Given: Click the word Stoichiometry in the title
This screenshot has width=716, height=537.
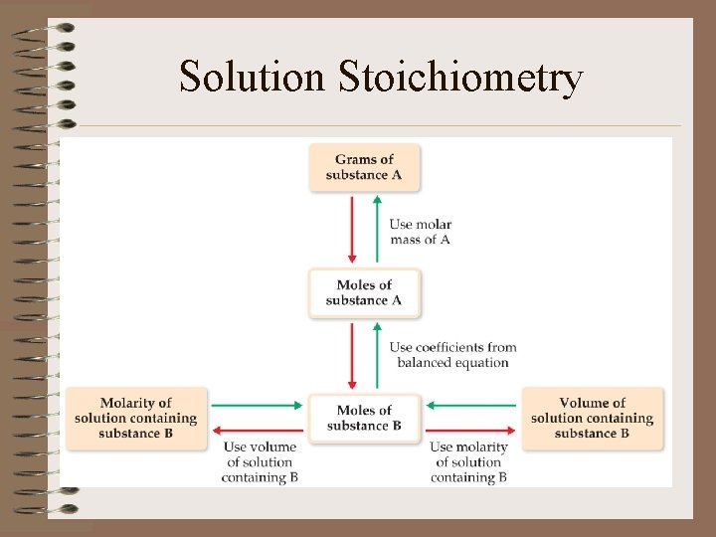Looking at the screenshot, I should [x=459, y=78].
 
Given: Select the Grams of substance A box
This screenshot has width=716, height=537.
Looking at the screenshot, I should [x=364, y=167].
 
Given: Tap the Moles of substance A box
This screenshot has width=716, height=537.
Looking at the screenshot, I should [x=364, y=292].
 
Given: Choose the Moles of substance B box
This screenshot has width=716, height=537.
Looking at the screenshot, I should [x=364, y=418].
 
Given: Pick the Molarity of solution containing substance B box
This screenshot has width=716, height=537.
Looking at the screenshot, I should [x=135, y=418].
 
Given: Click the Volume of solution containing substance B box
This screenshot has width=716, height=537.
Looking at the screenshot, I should [x=592, y=418].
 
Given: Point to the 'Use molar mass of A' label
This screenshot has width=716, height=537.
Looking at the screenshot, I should [x=420, y=232].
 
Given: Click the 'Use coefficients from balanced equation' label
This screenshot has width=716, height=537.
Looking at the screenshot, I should [x=452, y=355].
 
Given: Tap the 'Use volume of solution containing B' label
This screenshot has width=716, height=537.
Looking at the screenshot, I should [x=260, y=462].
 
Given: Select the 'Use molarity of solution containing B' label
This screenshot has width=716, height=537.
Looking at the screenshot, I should [x=468, y=462].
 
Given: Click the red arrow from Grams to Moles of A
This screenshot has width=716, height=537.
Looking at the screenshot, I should [x=351, y=229].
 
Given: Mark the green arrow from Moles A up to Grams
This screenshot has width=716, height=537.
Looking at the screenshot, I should [x=377, y=229].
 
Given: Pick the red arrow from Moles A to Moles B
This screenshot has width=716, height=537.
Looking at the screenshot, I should [x=351, y=354].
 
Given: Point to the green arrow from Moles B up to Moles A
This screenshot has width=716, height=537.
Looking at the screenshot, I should [x=377, y=354].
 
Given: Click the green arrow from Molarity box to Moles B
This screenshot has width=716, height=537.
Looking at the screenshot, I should [x=258, y=405].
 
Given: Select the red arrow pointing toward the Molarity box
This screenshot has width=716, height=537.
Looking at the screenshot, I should [x=258, y=430].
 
